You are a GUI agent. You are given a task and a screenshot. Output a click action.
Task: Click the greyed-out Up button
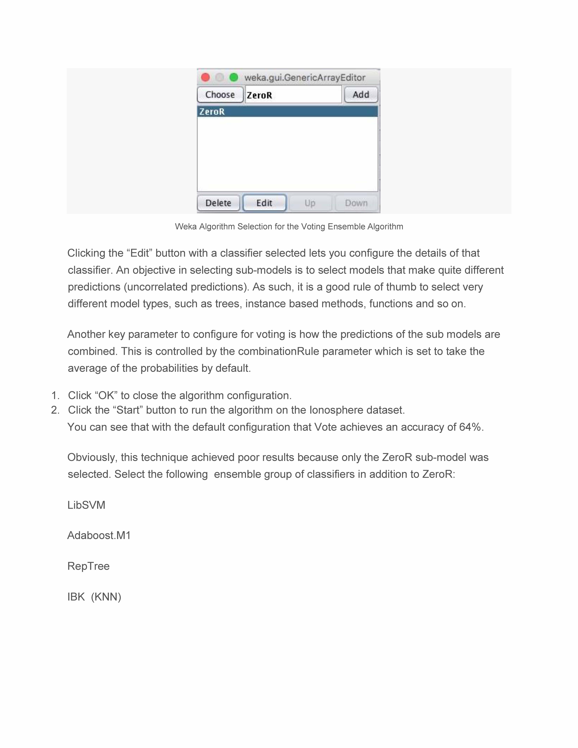(x=310, y=203)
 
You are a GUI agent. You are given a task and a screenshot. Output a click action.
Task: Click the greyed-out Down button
(x=356, y=203)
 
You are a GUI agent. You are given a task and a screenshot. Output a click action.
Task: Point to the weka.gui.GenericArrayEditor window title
(x=305, y=78)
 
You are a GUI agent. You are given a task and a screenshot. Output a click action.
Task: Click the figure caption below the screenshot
(x=289, y=227)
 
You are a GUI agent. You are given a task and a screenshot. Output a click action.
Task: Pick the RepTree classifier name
(x=88, y=566)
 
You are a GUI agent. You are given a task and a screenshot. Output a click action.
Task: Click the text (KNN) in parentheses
(x=106, y=597)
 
